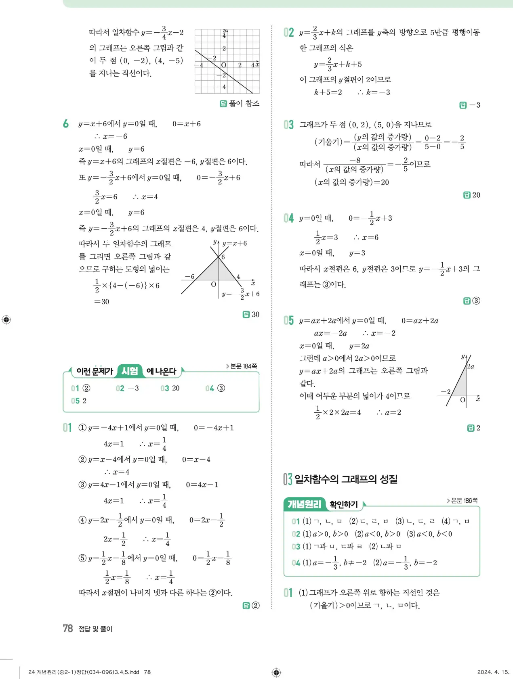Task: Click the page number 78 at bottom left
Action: tap(67, 628)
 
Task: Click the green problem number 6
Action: tap(66, 124)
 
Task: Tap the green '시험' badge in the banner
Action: tap(130, 371)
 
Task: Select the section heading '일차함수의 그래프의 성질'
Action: tap(346, 479)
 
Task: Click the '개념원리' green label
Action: tap(304, 504)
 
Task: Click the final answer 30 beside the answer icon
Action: tap(255, 314)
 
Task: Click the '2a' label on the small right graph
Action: tap(471, 366)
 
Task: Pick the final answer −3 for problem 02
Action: tap(475, 105)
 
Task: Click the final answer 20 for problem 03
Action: tap(476, 195)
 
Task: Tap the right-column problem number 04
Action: tap(288, 218)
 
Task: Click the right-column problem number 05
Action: tap(288, 320)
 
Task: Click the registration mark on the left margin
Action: tap(6, 320)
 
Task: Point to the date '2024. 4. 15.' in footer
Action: tap(493, 672)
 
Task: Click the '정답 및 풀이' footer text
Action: tap(95, 629)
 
